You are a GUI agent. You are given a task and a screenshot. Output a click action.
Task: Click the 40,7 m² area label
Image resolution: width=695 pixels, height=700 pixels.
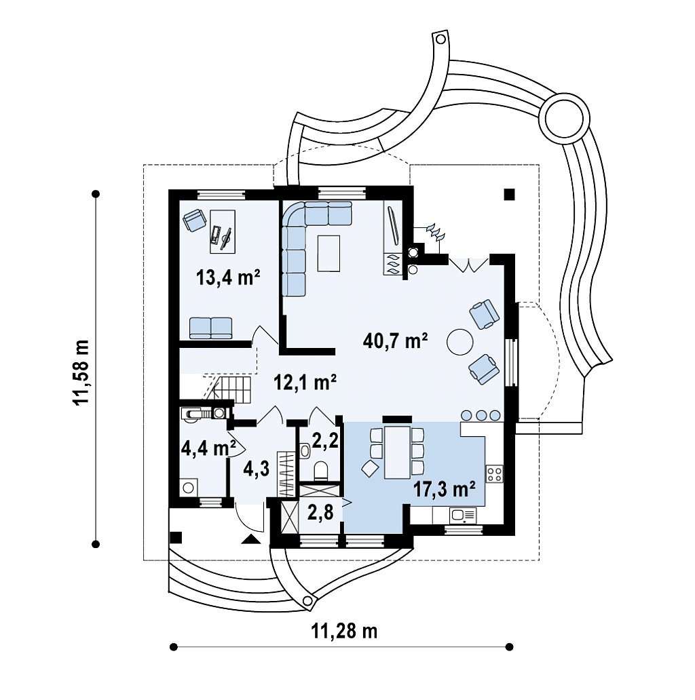[x=396, y=341]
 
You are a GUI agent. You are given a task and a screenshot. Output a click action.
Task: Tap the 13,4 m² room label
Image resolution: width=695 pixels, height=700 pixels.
[x=228, y=277]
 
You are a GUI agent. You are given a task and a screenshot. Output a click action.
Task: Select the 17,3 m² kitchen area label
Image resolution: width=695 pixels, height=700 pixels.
[x=444, y=490]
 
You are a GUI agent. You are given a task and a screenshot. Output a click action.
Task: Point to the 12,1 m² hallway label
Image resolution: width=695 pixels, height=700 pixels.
[x=305, y=383]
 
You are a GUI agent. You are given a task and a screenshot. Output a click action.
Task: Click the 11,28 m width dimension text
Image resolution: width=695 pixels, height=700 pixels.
[x=344, y=631]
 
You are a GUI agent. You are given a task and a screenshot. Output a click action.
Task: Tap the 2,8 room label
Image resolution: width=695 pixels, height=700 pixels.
[x=320, y=513]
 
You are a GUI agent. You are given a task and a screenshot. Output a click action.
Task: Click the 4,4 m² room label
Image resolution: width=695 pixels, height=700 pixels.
[x=208, y=448]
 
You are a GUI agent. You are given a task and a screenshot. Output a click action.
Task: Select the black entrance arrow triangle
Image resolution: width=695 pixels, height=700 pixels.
[x=252, y=539]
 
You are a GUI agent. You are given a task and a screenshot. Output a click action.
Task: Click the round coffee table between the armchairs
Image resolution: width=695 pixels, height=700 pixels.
[x=459, y=342]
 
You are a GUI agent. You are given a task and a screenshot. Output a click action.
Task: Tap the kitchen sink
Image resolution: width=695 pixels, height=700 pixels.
[x=463, y=516]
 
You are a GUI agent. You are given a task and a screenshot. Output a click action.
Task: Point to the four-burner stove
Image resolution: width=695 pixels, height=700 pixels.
[x=495, y=473]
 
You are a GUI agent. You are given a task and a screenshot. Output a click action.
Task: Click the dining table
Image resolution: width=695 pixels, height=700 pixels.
[x=397, y=452]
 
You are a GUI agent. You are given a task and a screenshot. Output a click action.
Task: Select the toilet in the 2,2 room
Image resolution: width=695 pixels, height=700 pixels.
[x=321, y=471]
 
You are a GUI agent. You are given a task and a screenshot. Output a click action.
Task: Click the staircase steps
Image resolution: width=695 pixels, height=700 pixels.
[x=231, y=389]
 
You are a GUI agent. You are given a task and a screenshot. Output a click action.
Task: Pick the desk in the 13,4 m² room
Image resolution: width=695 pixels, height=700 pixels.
[x=223, y=231]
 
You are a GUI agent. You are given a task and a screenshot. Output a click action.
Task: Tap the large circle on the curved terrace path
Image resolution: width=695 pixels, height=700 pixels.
[x=564, y=117]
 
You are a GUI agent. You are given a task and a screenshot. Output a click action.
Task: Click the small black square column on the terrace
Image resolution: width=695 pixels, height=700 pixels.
[x=509, y=194]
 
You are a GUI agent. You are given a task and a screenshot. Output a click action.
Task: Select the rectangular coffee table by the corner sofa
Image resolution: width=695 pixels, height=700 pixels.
[x=328, y=253]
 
